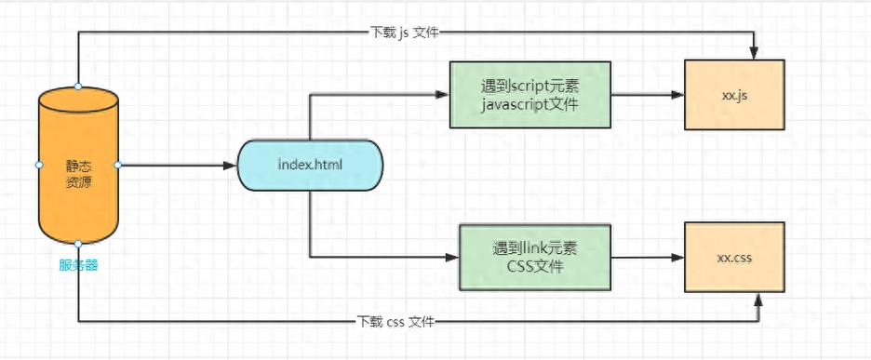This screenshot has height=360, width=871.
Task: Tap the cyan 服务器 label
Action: pyautogui.click(x=78, y=265)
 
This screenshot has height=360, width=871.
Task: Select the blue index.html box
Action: pyautogui.click(x=310, y=166)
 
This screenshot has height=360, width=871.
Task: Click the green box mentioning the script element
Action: pyautogui.click(x=529, y=95)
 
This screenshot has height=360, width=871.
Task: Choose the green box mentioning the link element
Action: pyautogui.click(x=534, y=257)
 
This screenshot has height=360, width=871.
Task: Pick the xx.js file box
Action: pyautogui.click(x=734, y=95)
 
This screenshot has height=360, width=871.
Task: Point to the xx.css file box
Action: pyautogui.click(x=734, y=257)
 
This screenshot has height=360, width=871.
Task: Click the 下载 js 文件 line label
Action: pyautogui.click(x=404, y=33)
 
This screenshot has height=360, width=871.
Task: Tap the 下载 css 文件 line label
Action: pyautogui.click(x=396, y=322)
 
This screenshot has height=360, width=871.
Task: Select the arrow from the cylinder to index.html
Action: pyautogui.click(x=177, y=166)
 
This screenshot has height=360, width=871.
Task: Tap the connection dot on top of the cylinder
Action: pyautogui.click(x=78, y=87)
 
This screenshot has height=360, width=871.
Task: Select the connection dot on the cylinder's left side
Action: pyautogui.click(x=38, y=165)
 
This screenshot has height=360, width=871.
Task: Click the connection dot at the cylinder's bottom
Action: pyautogui.click(x=78, y=244)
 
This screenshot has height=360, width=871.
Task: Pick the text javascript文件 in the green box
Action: pyautogui.click(x=529, y=104)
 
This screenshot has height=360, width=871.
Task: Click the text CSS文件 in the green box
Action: pyautogui.click(x=534, y=267)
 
